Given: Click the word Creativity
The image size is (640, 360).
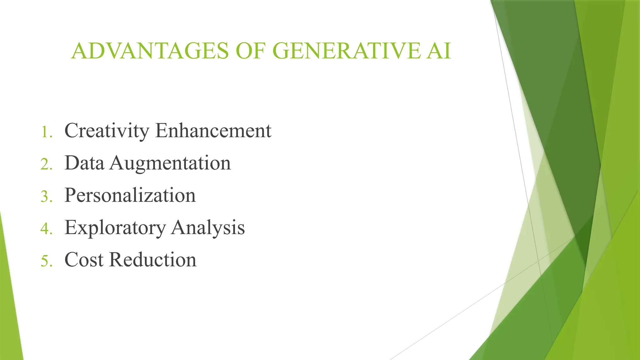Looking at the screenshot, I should (107, 131).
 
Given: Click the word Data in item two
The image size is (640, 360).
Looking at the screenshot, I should (84, 163).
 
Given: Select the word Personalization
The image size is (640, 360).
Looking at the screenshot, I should (130, 195).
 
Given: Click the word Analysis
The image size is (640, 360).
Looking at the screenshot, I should (208, 228).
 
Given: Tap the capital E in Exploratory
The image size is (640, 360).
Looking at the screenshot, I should (70, 227).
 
